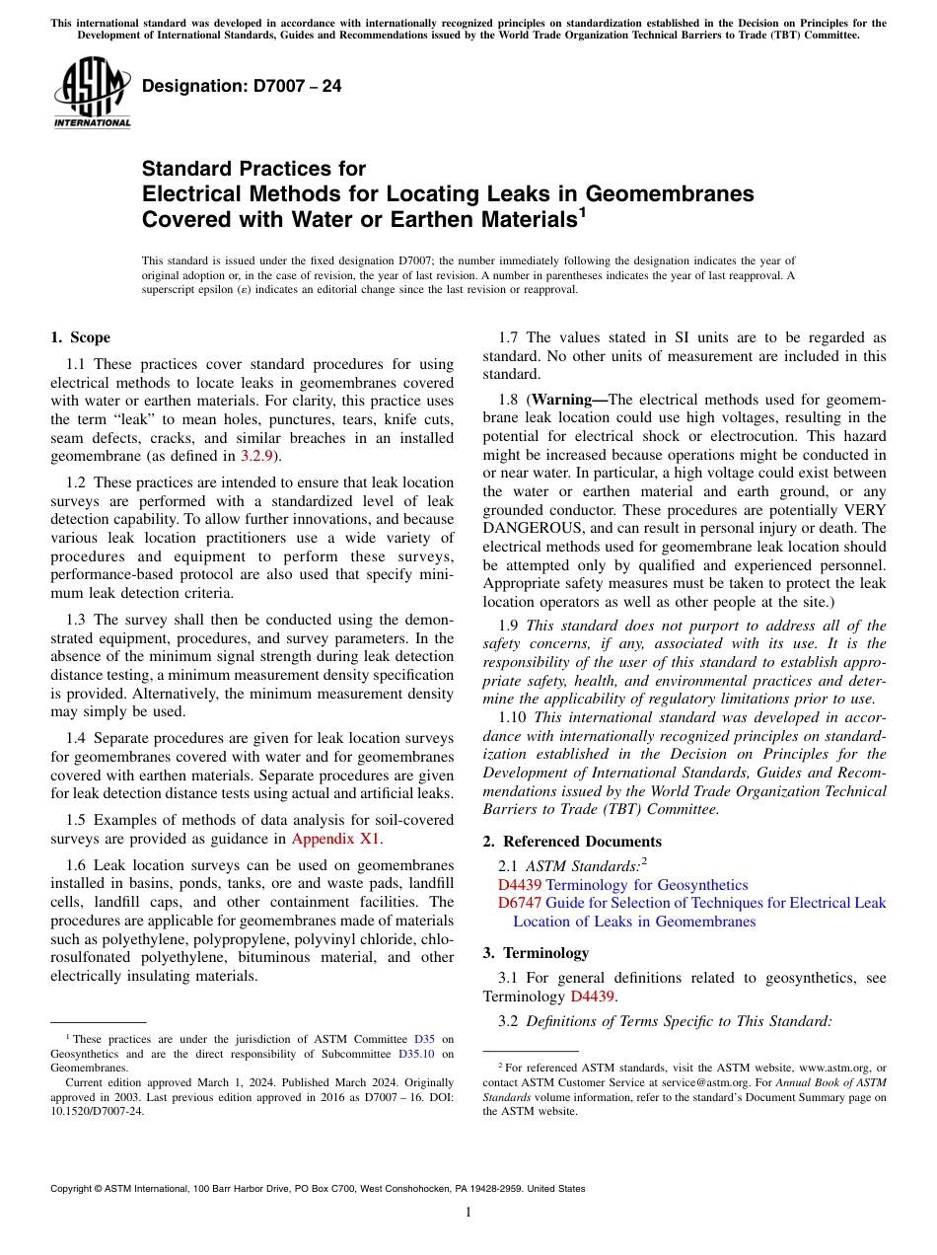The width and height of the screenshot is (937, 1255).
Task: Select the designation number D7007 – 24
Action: click(x=242, y=86)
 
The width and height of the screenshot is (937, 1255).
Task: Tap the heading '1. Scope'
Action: click(x=80, y=337)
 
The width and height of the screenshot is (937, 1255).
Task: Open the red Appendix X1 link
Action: click(x=335, y=839)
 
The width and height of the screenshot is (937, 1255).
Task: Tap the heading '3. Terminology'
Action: click(x=536, y=953)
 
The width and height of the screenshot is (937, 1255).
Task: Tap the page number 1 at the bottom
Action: click(x=468, y=1213)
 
